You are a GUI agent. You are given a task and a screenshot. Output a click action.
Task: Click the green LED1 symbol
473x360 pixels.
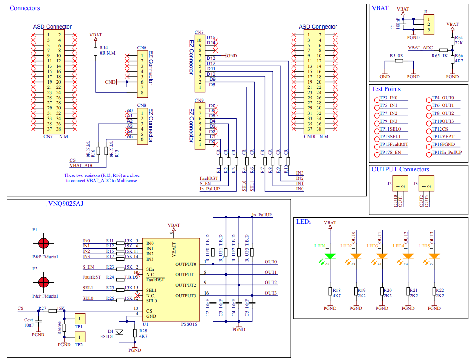[330, 256]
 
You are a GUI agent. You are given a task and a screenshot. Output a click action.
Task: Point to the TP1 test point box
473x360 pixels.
[79, 319]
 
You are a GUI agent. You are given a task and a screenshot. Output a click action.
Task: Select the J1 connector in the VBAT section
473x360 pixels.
[428, 24]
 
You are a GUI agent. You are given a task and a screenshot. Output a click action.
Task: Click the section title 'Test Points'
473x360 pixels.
[386, 89]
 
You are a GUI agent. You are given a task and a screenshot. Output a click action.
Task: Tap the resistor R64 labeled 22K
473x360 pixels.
[452, 41]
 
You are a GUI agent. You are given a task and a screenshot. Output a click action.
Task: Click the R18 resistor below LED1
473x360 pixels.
[330, 292]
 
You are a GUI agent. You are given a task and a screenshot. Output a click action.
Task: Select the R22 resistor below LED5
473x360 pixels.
[434, 292]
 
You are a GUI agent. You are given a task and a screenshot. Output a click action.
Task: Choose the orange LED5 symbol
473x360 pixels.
[434, 256]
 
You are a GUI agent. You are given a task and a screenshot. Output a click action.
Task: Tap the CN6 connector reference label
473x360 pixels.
[141, 47]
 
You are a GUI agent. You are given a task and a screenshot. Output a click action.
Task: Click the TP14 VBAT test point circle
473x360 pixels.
[429, 137]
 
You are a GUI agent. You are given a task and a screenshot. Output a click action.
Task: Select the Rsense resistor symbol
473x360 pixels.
[65, 327]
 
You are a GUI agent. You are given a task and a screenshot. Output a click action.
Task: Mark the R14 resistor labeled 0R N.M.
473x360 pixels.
[95, 51]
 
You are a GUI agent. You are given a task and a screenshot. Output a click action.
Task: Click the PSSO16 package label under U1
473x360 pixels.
[190, 324]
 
